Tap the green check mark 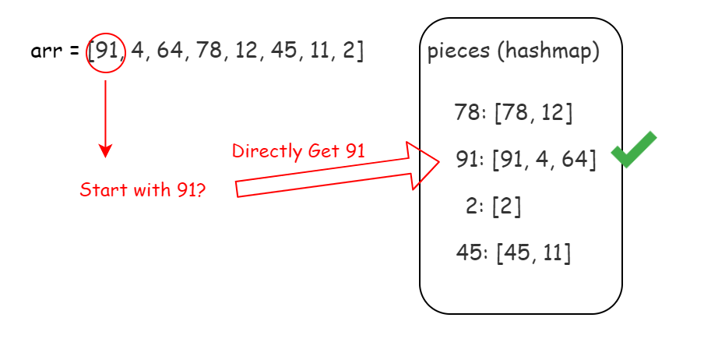[632, 150]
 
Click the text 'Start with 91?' [143, 189]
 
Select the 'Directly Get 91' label [298, 150]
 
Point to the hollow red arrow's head [425, 164]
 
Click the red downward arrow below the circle [106, 117]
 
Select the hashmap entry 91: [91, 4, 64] [526, 160]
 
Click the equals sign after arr [72, 52]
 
